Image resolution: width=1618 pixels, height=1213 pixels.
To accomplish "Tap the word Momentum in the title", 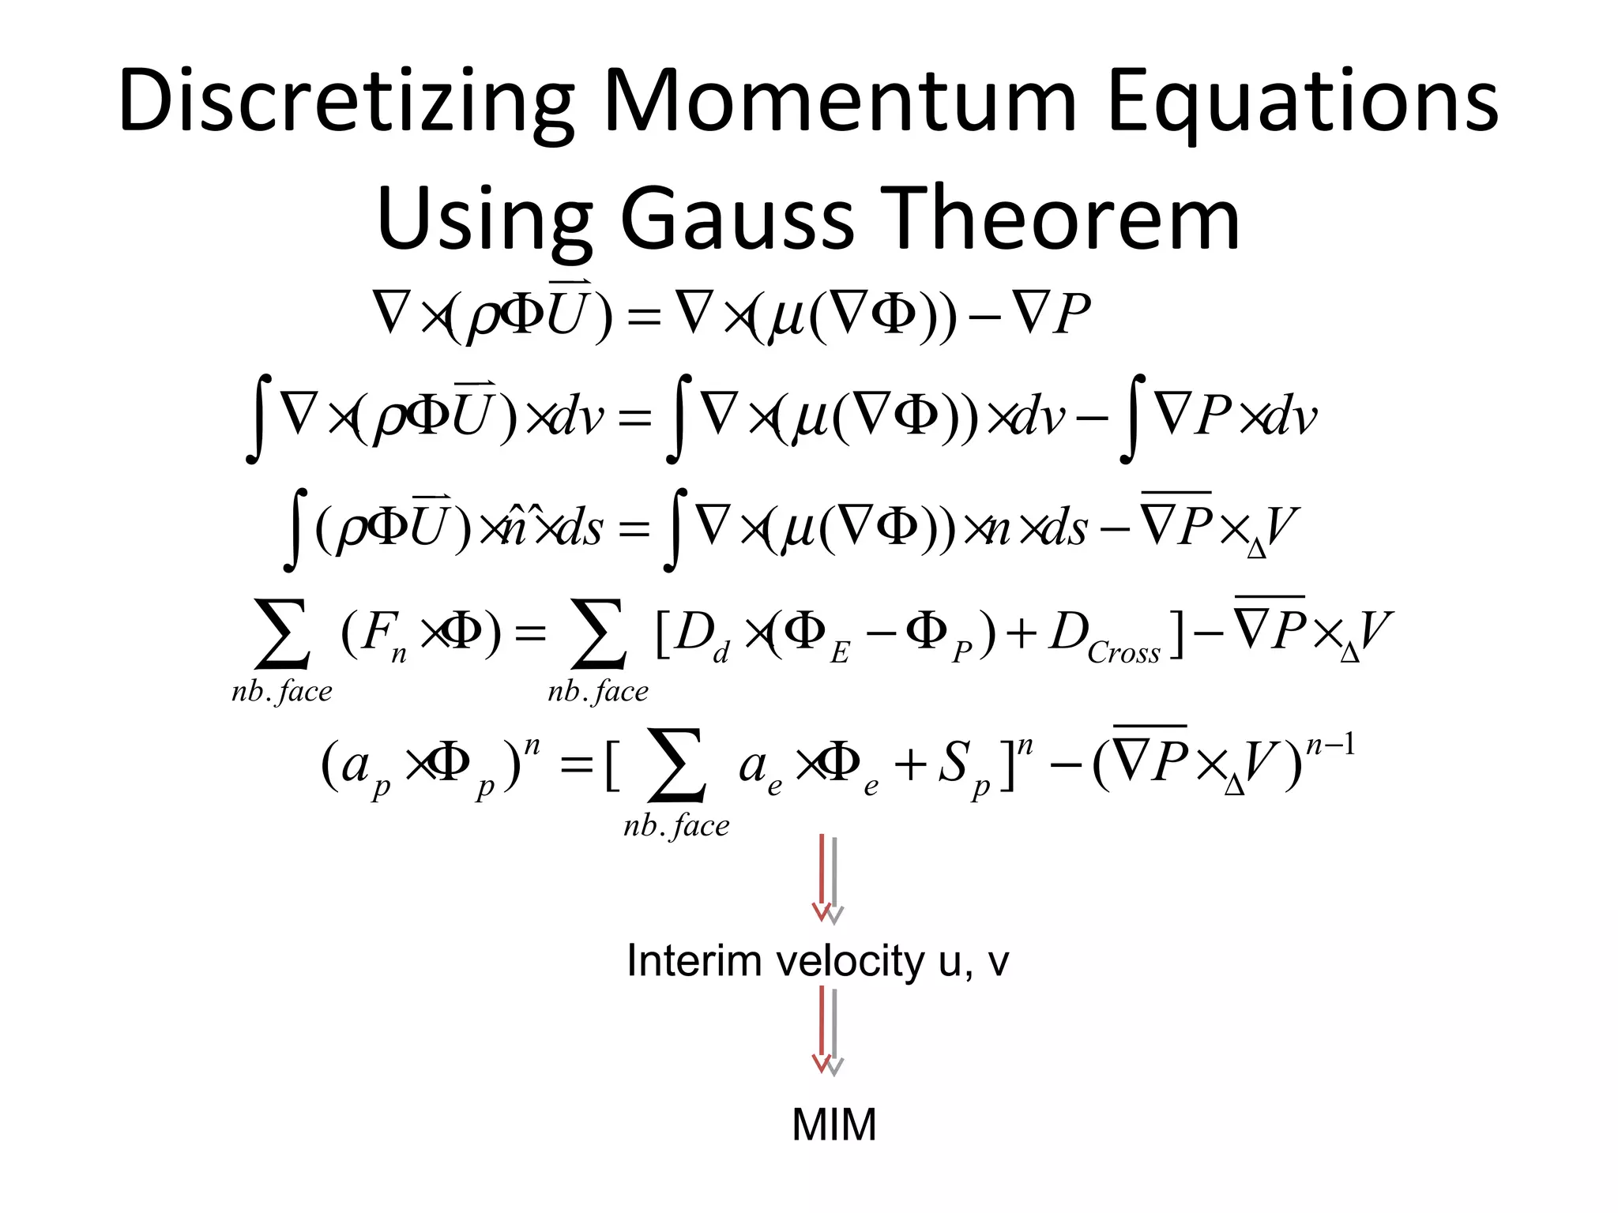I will [840, 103].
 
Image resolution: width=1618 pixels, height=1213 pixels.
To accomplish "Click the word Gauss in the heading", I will [737, 219].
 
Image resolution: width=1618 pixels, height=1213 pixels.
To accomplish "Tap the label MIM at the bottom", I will [833, 1125].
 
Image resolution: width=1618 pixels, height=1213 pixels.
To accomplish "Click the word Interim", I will [696, 961].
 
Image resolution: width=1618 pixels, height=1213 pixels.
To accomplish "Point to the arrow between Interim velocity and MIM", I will [828, 1031].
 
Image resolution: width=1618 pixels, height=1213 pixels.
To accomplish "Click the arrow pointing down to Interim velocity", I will [828, 878].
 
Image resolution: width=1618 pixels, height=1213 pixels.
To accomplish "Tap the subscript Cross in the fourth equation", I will [1123, 653].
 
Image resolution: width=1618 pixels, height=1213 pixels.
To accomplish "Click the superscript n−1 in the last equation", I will [1330, 745].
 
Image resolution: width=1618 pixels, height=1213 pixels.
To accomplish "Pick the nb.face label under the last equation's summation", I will [676, 826].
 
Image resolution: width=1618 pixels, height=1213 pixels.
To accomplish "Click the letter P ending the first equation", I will [1072, 314].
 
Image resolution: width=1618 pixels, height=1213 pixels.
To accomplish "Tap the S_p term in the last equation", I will [961, 767].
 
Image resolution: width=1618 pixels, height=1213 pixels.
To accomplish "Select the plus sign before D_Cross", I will [1021, 634].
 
